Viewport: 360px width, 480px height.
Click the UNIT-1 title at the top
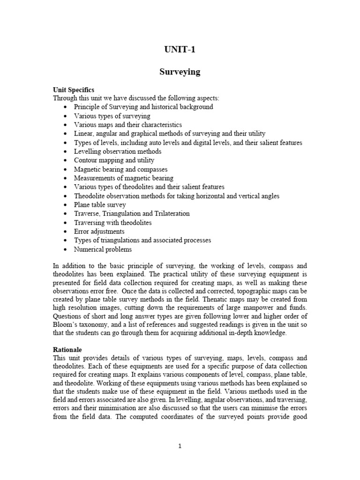click(x=180, y=51)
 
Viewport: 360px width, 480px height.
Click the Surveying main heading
click(x=180, y=72)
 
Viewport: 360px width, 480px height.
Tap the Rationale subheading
click(x=68, y=349)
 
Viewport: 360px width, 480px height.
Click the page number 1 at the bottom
click(x=180, y=446)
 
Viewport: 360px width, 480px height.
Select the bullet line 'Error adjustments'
click(x=99, y=232)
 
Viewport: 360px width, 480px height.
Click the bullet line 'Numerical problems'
click(x=103, y=249)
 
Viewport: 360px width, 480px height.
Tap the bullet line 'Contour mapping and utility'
click(x=114, y=160)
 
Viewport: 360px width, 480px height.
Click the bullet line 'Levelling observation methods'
click(x=118, y=151)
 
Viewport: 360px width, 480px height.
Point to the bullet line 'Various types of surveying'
click(x=112, y=116)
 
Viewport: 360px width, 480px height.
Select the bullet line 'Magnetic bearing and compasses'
click(x=120, y=169)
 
